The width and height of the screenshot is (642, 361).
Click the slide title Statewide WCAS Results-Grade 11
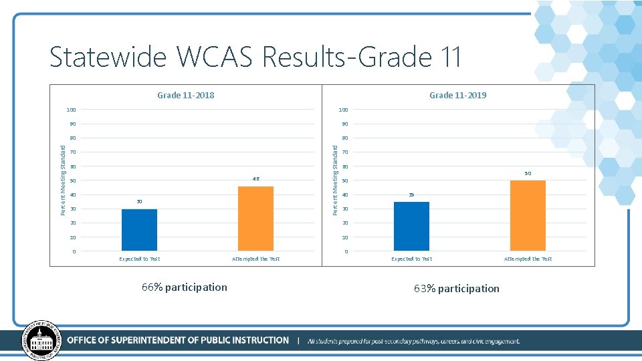(x=255, y=57)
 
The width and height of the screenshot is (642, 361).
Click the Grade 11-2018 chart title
(x=186, y=95)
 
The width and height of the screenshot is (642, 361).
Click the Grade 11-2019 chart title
(x=458, y=95)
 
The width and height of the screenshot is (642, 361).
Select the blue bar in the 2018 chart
(x=139, y=230)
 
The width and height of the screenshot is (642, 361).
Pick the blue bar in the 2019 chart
(x=411, y=226)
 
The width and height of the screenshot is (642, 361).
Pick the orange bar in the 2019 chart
(x=528, y=215)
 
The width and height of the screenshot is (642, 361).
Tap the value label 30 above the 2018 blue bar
(x=139, y=201)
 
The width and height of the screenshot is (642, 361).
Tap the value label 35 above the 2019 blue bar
(x=411, y=195)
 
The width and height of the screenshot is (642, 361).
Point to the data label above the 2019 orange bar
(x=528, y=173)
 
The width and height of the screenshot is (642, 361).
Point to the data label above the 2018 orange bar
(x=255, y=178)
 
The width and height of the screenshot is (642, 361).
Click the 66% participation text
(x=185, y=287)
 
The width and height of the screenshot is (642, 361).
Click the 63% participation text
(x=457, y=289)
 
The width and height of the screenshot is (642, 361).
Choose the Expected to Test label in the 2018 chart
(x=139, y=259)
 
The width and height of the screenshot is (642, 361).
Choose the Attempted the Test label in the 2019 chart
(x=528, y=259)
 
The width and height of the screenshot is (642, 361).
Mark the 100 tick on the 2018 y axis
(x=71, y=110)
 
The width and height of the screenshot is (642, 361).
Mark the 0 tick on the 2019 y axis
(x=346, y=251)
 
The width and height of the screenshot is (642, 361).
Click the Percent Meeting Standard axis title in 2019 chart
(x=336, y=180)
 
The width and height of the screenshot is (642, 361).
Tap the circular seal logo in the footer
(x=42, y=341)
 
